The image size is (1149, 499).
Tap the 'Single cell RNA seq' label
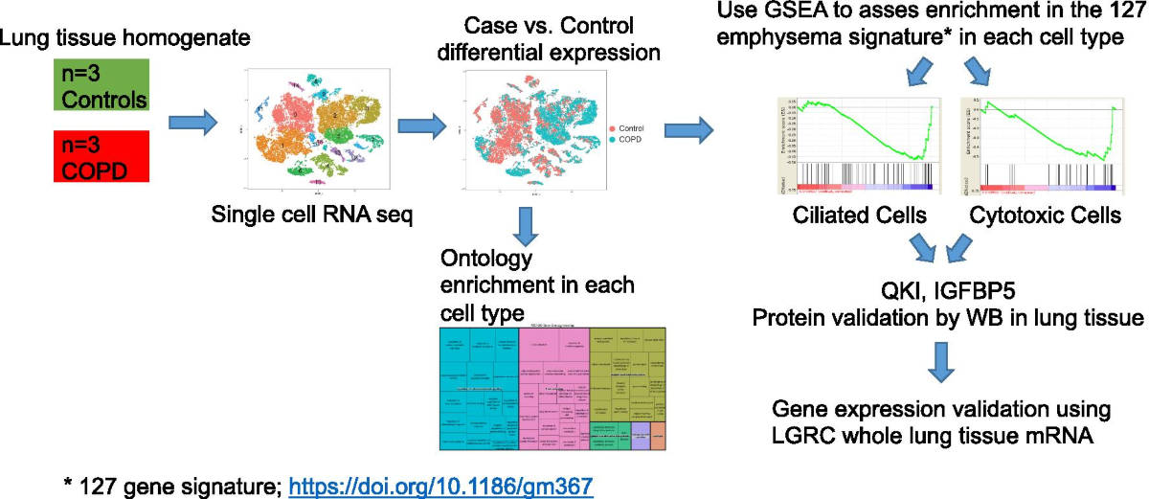(x=311, y=217)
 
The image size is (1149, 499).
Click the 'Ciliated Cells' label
(x=860, y=216)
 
